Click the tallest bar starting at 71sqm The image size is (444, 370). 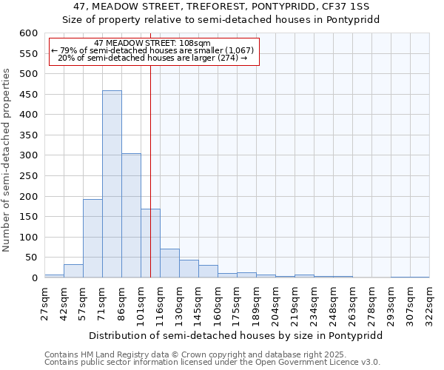point(112,184)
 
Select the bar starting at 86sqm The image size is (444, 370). point(131,215)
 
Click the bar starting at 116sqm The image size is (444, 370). point(169,263)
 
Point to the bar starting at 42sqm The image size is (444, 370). point(73,271)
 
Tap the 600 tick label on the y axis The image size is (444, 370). point(28,33)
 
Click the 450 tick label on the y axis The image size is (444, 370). point(28,94)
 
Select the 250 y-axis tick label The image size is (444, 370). point(28,176)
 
